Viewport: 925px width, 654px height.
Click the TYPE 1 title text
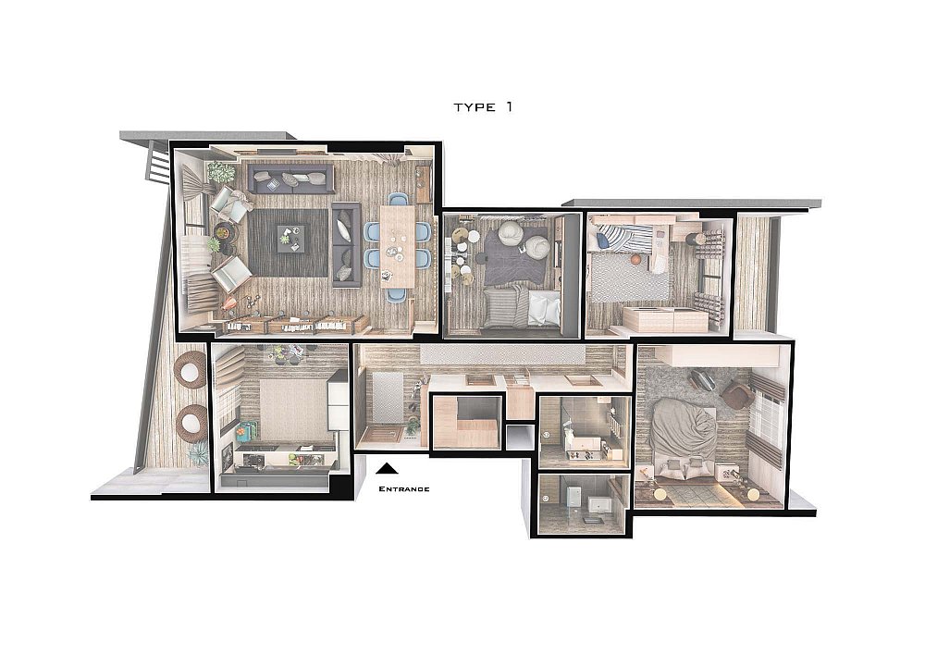483,106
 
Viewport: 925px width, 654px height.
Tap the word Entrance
403,488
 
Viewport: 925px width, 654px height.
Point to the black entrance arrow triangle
387,468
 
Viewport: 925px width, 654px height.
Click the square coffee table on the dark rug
290,239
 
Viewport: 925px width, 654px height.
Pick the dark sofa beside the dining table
346,245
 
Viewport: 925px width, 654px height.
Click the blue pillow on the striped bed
603,240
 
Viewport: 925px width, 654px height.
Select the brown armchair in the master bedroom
737,394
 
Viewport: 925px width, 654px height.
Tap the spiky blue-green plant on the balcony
198,454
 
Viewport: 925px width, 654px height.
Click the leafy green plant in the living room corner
221,172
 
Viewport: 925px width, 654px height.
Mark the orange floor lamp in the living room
228,303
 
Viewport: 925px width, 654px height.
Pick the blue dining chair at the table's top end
398,199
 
